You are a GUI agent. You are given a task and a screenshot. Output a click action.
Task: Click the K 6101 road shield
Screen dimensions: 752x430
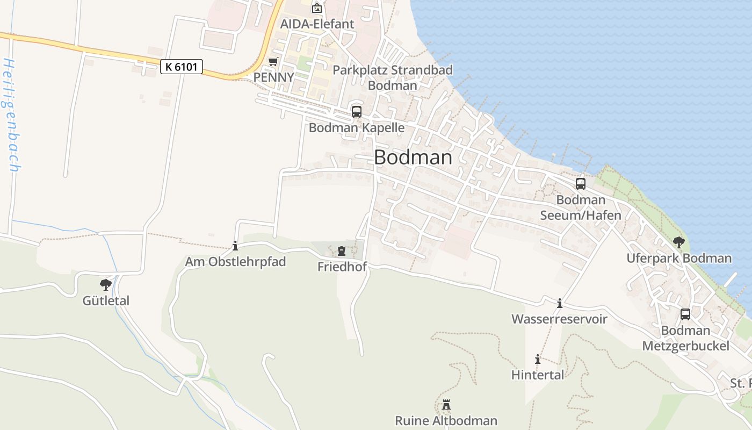[182, 67]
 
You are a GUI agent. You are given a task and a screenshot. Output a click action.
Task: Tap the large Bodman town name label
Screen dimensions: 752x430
[413, 157]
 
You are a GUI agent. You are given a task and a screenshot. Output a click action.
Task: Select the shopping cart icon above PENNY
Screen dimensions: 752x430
[273, 62]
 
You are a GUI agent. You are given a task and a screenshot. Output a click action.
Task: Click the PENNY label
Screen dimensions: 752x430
[273, 77]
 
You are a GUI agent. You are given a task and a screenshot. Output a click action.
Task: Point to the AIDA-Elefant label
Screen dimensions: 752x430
[317, 24]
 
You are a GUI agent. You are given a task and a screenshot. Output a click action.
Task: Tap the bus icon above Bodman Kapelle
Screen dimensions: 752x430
[356, 112]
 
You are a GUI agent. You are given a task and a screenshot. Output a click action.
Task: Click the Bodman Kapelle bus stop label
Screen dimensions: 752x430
[356, 128]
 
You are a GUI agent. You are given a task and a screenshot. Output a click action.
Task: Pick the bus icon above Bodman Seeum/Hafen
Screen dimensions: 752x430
[581, 184]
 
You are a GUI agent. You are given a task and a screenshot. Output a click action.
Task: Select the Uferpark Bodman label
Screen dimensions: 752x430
[679, 259]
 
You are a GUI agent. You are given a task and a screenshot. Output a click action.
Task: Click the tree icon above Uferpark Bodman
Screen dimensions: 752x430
[679, 242]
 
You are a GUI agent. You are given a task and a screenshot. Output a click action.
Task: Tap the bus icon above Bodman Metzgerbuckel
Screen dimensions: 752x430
[685, 314]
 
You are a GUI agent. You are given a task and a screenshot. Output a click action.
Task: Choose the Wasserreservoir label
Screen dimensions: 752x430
[559, 319]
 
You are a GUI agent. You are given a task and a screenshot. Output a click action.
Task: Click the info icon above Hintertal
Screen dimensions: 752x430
[538, 359]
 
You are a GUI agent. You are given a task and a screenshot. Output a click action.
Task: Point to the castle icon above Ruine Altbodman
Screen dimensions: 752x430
[446, 405]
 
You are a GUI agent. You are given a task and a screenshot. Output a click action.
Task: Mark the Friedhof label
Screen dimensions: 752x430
[341, 267]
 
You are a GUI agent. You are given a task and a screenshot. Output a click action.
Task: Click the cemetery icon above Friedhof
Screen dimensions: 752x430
[341, 251]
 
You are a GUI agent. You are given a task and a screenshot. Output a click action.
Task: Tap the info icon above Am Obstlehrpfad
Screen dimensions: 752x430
[235, 246]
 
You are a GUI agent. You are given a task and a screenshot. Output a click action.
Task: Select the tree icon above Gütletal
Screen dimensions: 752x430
[106, 285]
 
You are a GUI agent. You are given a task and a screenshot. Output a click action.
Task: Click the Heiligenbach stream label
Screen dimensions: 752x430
[11, 115]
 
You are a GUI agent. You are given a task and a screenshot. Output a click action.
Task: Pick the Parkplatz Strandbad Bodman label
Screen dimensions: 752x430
[393, 77]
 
